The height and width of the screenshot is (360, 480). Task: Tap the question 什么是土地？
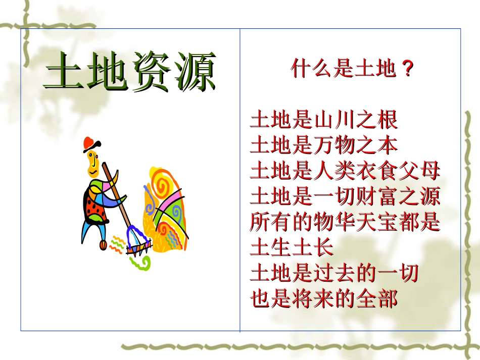(x=353, y=69)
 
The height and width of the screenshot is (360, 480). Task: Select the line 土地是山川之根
(x=324, y=120)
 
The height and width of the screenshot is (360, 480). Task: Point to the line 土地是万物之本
(x=324, y=145)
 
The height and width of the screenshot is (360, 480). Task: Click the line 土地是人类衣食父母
(x=345, y=171)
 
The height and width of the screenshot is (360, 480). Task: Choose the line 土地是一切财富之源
(x=345, y=196)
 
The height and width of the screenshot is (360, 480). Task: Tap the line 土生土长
(x=292, y=248)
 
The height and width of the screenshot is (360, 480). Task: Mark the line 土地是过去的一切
(x=334, y=273)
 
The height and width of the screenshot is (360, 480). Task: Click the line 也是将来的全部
(x=324, y=299)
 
